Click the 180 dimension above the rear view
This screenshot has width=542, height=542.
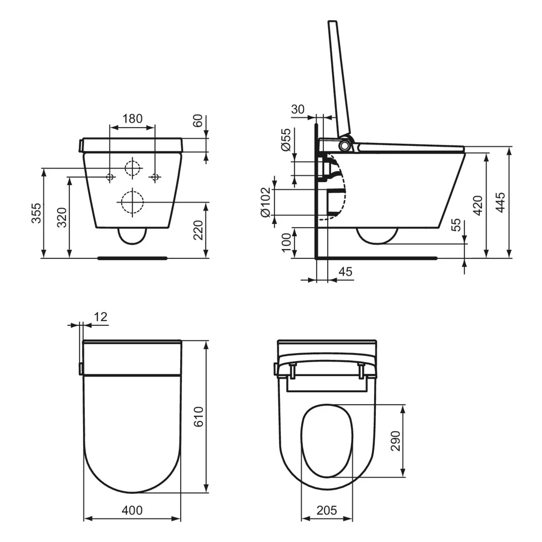tap(132, 119)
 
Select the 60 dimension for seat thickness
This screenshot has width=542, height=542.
tap(197, 120)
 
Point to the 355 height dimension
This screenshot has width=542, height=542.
tap(36, 213)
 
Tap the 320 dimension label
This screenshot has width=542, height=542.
tap(62, 218)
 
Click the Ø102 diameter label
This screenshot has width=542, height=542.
tap(265, 202)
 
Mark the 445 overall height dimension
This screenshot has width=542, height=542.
tap(500, 203)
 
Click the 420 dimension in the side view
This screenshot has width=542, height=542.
tap(478, 205)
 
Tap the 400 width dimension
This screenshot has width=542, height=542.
tap(132, 510)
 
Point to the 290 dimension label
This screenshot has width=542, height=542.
tap(396, 441)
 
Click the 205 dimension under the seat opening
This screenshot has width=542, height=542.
tap(326, 510)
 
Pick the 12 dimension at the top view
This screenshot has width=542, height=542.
tap(100, 317)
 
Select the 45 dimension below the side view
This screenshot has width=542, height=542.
tap(345, 272)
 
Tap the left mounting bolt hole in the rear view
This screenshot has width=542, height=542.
tap(110, 177)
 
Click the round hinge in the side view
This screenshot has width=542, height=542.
tap(344, 146)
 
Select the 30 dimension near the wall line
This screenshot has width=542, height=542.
tap(298, 109)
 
